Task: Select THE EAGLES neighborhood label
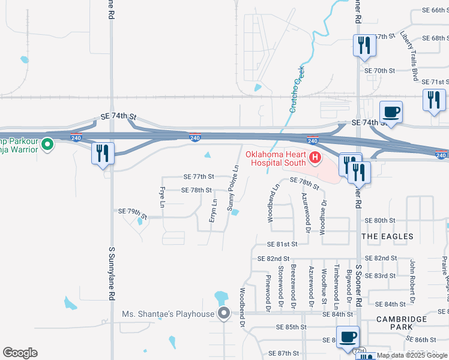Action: coord(387,236)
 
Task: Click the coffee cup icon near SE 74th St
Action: coord(391,112)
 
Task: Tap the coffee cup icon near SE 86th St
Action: coord(348,337)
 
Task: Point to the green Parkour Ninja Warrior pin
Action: coord(48,144)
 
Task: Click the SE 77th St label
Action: coord(199,177)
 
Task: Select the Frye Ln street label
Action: coord(162,197)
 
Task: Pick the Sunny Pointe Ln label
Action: coord(232,188)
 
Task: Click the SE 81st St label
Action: coord(282,244)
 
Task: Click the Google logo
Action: coord(20,353)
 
